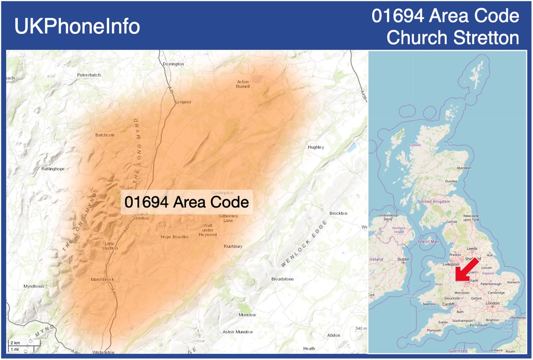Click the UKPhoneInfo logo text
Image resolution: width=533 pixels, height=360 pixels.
coord(77,26)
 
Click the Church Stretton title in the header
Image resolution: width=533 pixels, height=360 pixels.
coord(452,38)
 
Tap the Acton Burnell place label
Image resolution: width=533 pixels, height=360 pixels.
coord(243,84)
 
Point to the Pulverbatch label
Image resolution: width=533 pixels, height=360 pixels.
coord(89,75)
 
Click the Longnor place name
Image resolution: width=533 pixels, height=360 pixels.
coord(183,102)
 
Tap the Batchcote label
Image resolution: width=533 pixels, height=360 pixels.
coord(105,135)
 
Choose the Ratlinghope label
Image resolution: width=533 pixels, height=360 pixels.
coord(53,169)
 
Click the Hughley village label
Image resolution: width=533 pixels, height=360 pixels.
coord(315,147)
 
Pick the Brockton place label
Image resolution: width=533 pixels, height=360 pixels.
coord(338,213)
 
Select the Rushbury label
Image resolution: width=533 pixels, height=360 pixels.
coord(233,246)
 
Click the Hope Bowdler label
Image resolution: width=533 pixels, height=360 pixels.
coord(174,237)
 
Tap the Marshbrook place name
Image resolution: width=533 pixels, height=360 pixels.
coord(102,279)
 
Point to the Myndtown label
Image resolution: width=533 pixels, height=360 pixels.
coord(33,286)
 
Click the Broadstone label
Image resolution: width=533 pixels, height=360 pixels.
coord(282,279)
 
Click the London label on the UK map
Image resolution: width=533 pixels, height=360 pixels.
coord(492,303)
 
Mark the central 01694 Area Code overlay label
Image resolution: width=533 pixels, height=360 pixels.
coord(187,202)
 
